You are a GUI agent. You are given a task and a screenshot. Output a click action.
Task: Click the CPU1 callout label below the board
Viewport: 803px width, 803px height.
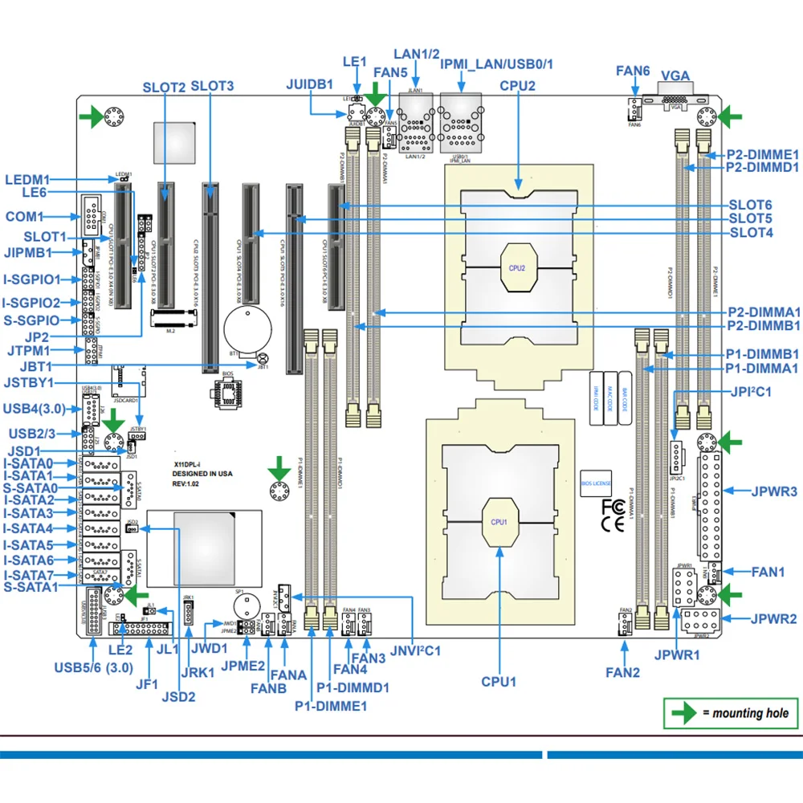pyautogui.click(x=498, y=682)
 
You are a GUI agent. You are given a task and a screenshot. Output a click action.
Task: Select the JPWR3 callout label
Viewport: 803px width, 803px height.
pyautogui.click(x=774, y=490)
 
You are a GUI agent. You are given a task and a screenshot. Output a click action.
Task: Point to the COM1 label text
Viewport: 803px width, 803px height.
pyautogui.click(x=23, y=217)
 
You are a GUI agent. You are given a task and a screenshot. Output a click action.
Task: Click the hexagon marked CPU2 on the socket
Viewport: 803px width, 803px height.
pyautogui.click(x=516, y=267)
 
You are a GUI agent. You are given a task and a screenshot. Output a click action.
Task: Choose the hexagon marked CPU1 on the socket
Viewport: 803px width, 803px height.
pyautogui.click(x=499, y=522)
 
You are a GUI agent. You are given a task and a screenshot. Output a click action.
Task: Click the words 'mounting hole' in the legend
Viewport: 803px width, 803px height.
pyautogui.click(x=749, y=712)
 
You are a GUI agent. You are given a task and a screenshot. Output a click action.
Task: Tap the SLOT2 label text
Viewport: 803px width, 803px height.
pyautogui.click(x=164, y=87)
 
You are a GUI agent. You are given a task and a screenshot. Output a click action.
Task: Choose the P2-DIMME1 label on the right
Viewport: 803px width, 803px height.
pyautogui.click(x=762, y=154)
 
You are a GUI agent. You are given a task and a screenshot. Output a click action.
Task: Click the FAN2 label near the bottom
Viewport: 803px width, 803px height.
pyautogui.click(x=624, y=672)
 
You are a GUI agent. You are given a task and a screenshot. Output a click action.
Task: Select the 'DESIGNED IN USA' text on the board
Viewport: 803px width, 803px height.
pyautogui.click(x=203, y=474)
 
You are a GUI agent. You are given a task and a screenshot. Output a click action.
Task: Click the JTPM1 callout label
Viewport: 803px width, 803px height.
pyautogui.click(x=26, y=351)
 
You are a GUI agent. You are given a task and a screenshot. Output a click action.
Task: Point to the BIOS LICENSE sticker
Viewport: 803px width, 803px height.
pyautogui.click(x=596, y=483)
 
